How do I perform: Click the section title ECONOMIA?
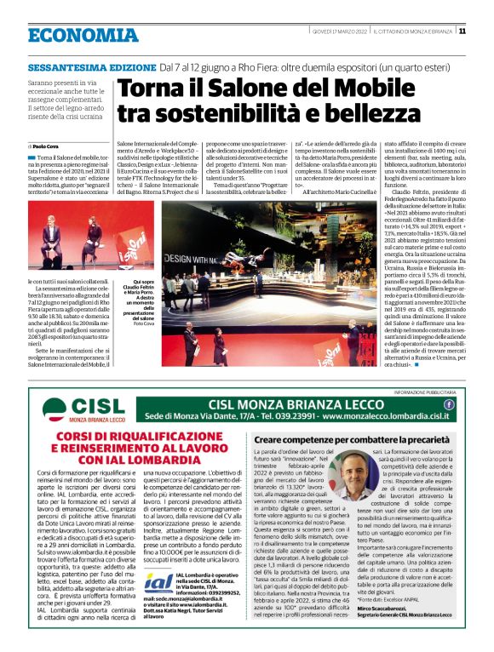pos(83,35)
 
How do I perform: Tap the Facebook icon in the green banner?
pos(450,404)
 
